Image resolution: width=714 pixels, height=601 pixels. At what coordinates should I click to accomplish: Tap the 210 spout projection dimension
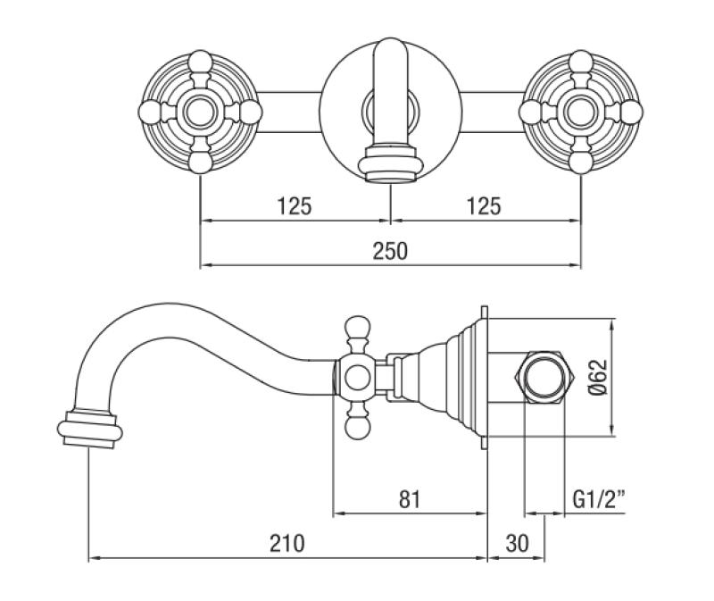[x=286, y=542]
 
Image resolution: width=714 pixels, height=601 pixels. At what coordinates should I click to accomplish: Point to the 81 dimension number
[x=411, y=497]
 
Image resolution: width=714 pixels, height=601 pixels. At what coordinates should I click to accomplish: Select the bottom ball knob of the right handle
[x=580, y=161]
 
